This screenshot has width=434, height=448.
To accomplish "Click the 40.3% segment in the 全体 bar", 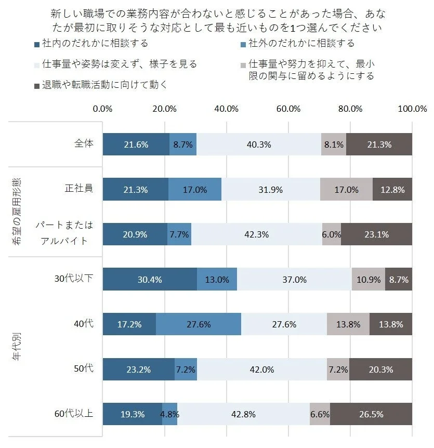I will (x=259, y=144).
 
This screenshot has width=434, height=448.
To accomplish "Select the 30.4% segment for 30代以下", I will (x=150, y=280).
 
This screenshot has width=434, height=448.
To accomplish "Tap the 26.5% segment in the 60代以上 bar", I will (x=371, y=414).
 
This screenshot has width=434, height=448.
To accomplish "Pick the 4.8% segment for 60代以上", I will (x=170, y=414).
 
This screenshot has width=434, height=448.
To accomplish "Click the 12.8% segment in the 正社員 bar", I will (x=392, y=190).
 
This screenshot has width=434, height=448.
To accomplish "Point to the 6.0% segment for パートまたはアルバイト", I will (x=332, y=234).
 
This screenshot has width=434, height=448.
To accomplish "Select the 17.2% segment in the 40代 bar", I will (x=129, y=324).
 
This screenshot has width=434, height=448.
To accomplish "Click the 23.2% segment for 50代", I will (x=139, y=370).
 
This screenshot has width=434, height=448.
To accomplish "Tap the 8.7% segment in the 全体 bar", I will (x=183, y=144).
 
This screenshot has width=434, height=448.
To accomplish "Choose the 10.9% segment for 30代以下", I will (x=369, y=280).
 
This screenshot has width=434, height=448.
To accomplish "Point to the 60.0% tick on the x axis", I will (x=288, y=109).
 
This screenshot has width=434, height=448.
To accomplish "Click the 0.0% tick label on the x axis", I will (x=103, y=109).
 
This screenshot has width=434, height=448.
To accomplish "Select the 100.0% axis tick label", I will (x=412, y=109).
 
